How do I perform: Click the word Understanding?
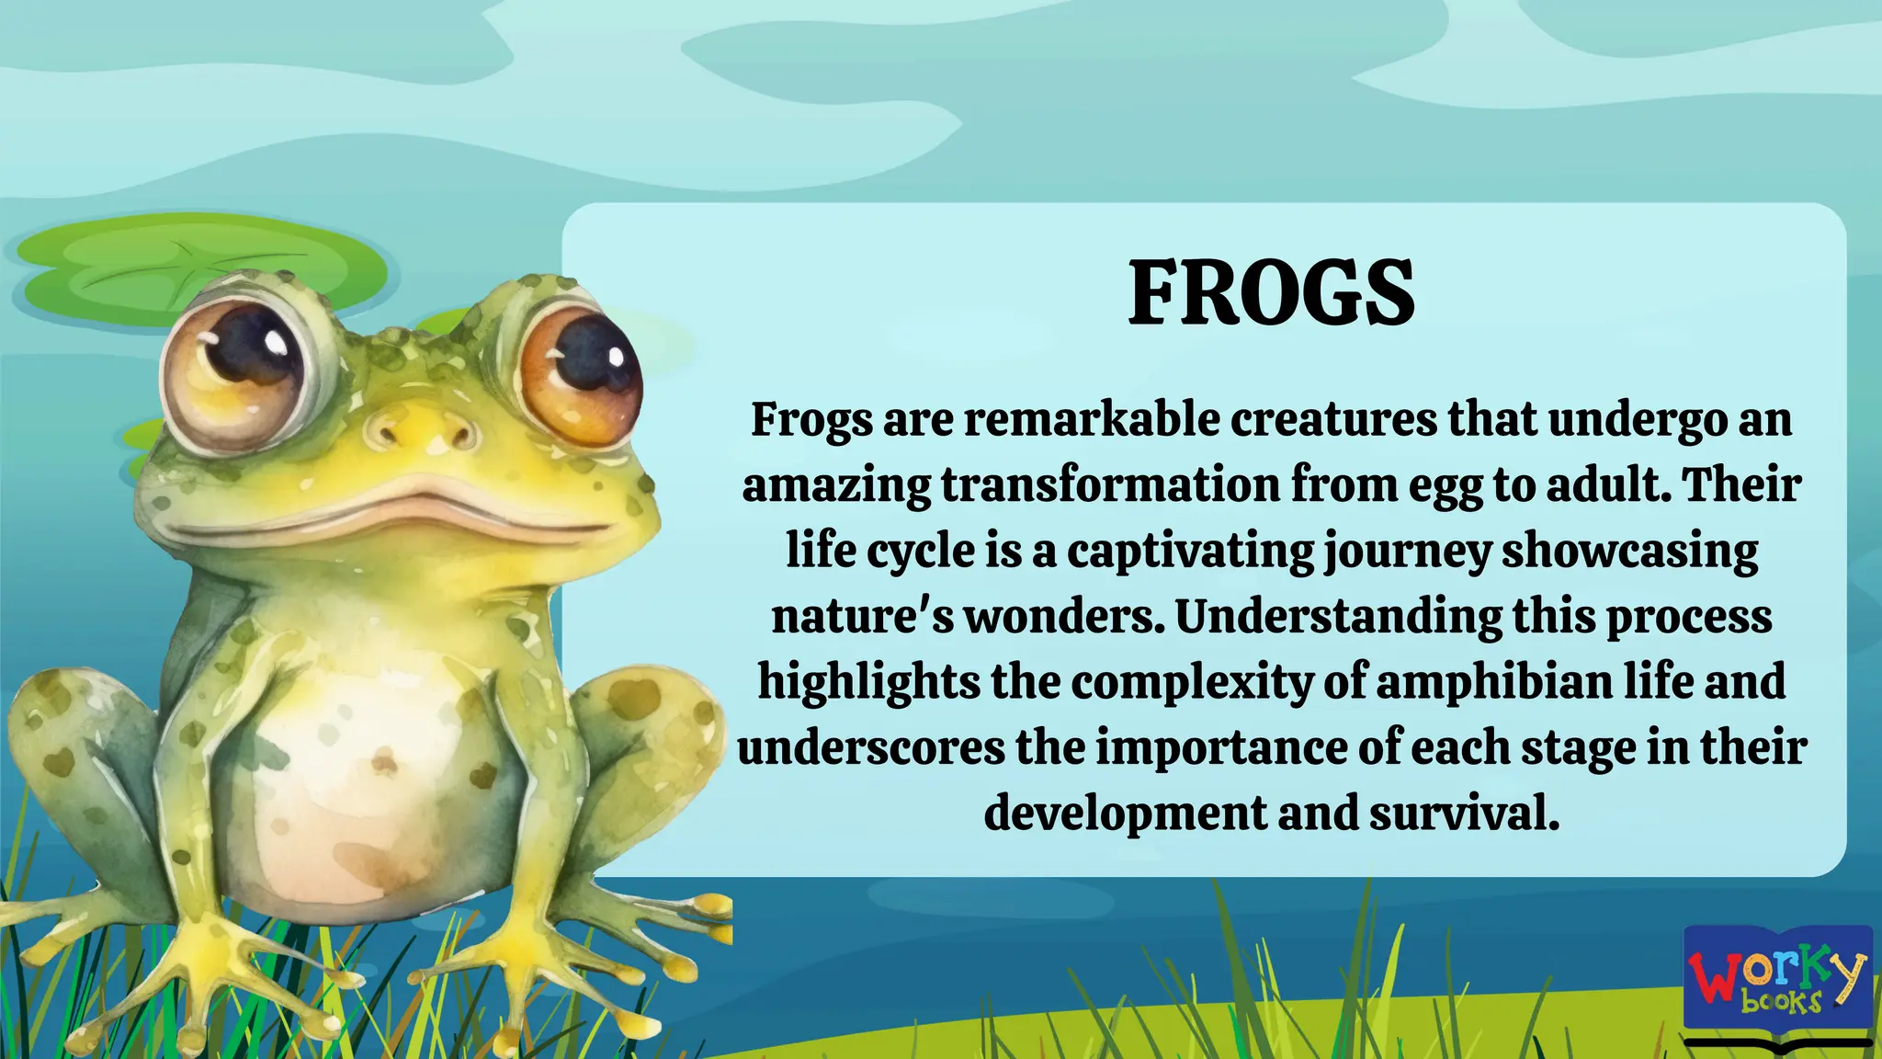click(1339, 617)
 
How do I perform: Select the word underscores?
click(871, 748)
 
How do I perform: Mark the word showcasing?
click(1629, 552)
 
